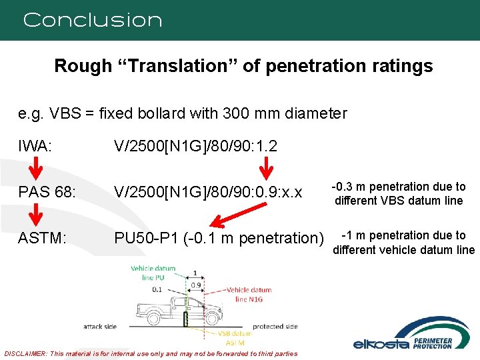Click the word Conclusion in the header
pos(93,20)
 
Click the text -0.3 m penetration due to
pos(398,187)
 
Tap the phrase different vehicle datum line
pos(403,250)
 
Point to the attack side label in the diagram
pos(101,326)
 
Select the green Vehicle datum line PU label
pos(152,273)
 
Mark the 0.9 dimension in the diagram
pos(195,285)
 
